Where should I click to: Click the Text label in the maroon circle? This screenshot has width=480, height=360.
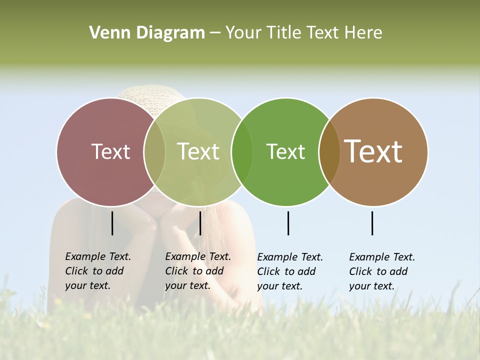pyautogui.click(x=110, y=151)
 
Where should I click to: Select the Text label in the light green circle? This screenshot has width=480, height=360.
pyautogui.click(x=198, y=151)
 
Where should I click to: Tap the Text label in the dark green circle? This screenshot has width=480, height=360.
pyautogui.click(x=286, y=151)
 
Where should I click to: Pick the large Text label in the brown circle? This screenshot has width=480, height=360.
pyautogui.click(x=373, y=151)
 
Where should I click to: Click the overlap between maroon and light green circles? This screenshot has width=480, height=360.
pyautogui.click(x=154, y=152)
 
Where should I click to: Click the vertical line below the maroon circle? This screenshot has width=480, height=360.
pyautogui.click(x=112, y=223)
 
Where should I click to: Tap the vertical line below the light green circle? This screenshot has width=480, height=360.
pyautogui.click(x=200, y=223)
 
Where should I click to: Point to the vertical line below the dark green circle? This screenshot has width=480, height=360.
pyautogui.click(x=288, y=223)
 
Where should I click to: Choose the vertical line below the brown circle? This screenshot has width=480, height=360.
pyautogui.click(x=372, y=223)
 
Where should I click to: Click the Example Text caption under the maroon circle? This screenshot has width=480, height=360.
pyautogui.click(x=97, y=271)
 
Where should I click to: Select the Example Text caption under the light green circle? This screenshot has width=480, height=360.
pyautogui.click(x=197, y=271)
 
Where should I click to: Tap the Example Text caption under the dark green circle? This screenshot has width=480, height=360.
pyautogui.click(x=289, y=271)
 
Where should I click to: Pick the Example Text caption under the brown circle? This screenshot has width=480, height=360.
pyautogui.click(x=381, y=271)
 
